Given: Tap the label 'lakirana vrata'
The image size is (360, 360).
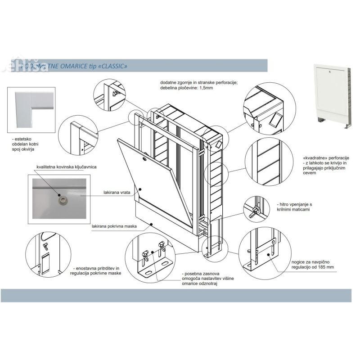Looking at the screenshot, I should point(117,192).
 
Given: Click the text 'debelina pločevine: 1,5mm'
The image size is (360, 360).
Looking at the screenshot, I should point(186,89).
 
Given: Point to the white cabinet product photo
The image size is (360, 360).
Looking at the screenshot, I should point(331,92).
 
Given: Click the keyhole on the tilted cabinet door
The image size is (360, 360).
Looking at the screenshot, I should point(145,158).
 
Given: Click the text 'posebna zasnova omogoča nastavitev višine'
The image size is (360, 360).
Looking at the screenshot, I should point(207,279).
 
